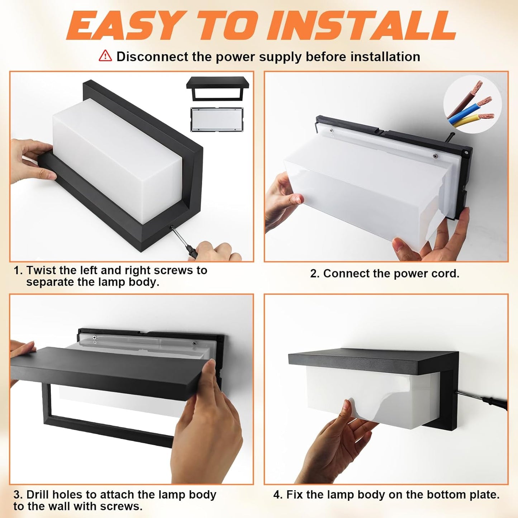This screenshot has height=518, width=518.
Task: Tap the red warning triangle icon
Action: (x=105, y=56)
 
